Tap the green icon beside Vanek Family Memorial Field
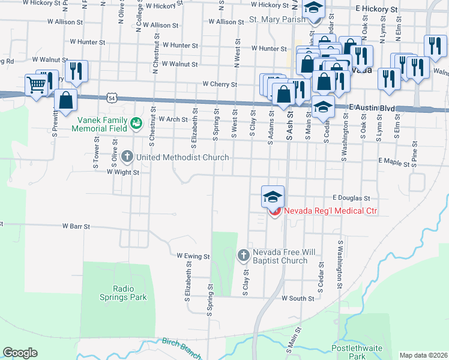click(136, 123)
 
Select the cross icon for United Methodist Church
click(127, 157)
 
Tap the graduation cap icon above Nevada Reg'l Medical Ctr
click(273, 196)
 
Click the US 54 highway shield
click(112, 97)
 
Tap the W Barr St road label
click(76, 227)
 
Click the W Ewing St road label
click(193, 256)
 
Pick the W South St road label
click(298, 298)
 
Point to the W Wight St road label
click(122, 172)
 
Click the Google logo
click(20, 353)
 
